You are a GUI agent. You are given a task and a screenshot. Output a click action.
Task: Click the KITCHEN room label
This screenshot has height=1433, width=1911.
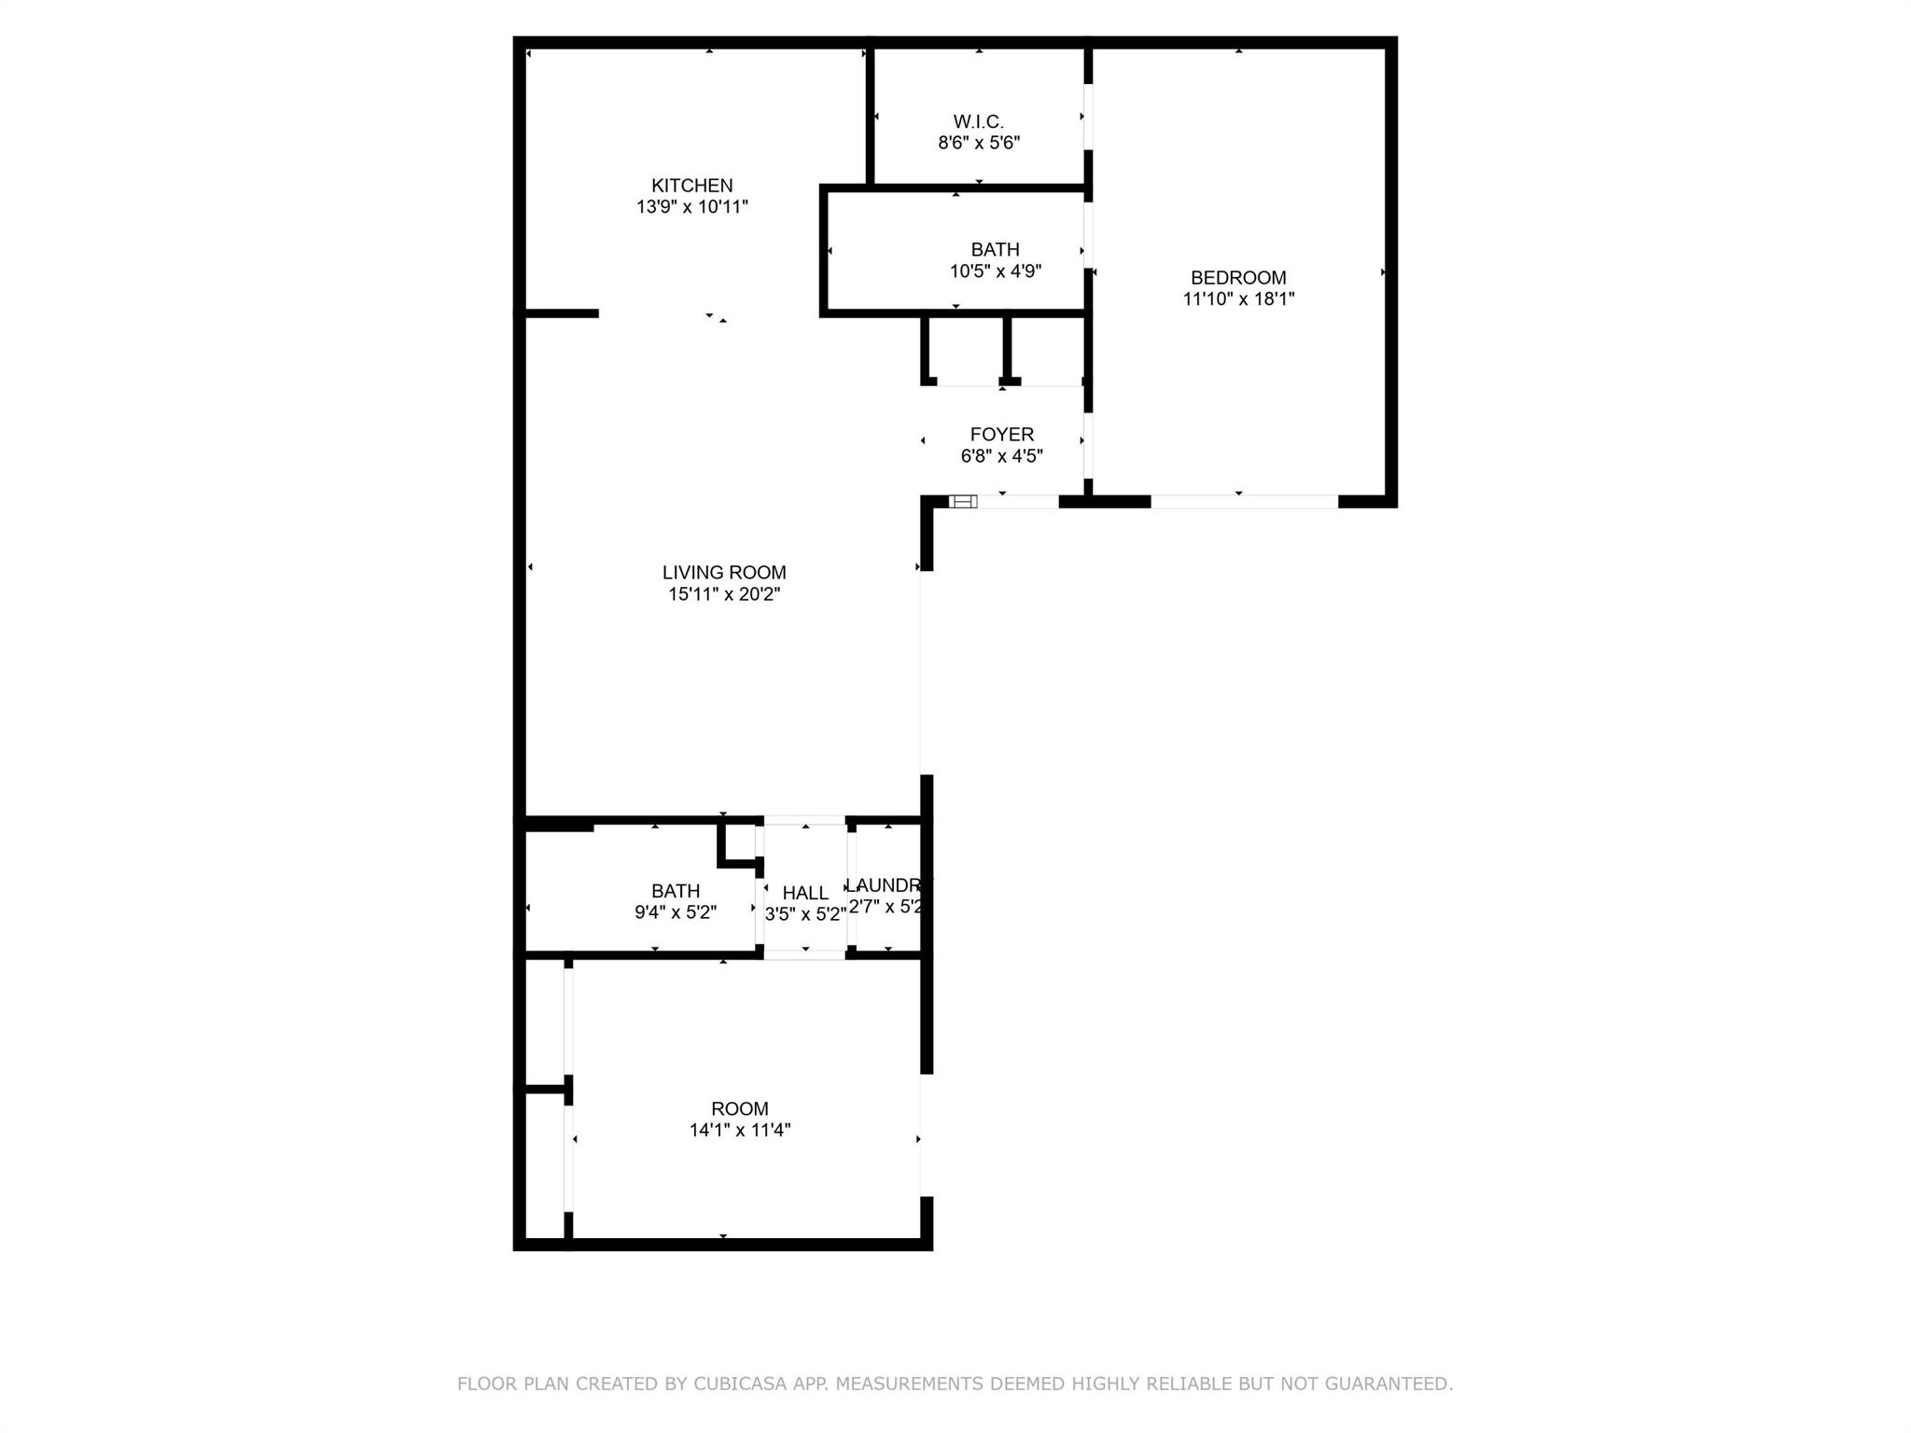(x=691, y=186)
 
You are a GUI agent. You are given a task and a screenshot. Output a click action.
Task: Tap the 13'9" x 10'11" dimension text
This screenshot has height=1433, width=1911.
(x=691, y=207)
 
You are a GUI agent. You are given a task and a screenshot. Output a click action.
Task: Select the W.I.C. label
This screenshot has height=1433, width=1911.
(x=978, y=122)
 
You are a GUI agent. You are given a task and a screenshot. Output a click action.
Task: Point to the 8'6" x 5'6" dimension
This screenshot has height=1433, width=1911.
(x=978, y=144)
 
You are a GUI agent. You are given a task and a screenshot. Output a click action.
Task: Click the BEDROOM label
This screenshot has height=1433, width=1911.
(x=1238, y=278)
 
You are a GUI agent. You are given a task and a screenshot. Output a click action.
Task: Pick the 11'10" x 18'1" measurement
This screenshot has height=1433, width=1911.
(x=1238, y=299)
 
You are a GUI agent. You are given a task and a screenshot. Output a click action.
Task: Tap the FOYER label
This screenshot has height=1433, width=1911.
(x=1001, y=435)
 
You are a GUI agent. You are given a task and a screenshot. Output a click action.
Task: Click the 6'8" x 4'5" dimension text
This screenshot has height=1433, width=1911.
(x=1001, y=456)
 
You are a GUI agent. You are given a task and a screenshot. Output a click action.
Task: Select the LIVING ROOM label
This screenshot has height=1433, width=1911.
(x=724, y=573)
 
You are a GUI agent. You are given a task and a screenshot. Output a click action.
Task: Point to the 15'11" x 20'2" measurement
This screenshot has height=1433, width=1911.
(x=724, y=594)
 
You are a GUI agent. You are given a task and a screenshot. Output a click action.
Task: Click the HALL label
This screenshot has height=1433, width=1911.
(x=805, y=894)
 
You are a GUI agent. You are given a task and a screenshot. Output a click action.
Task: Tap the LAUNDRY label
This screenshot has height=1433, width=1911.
(x=887, y=885)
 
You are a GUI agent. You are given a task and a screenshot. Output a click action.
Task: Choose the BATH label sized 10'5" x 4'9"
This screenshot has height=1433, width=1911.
(x=995, y=250)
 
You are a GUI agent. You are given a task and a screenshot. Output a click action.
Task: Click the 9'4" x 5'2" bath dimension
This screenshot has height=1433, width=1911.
(x=675, y=912)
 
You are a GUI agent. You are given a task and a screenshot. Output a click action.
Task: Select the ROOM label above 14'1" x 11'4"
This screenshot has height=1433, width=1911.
(x=740, y=1109)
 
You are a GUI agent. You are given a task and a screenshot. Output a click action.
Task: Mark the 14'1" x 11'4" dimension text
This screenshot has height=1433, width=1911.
(x=740, y=1131)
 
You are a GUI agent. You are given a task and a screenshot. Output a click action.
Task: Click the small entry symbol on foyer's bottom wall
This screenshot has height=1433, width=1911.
(x=963, y=502)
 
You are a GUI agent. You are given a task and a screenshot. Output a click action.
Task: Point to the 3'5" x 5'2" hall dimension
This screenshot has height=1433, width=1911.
(x=805, y=915)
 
